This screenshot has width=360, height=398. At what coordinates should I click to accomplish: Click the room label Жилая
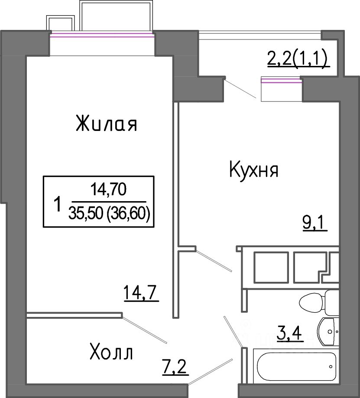point(107,124)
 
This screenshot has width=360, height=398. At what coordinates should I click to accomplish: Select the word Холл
point(111,353)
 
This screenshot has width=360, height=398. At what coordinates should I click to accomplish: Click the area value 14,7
point(141,293)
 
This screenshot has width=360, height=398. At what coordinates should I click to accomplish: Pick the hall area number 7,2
point(175,367)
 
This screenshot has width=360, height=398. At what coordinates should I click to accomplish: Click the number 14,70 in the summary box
point(109,189)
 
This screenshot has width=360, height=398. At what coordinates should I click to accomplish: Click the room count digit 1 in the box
point(58,204)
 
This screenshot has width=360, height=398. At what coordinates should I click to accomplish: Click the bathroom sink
point(328,331)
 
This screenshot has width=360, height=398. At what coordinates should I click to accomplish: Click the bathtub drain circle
point(331,366)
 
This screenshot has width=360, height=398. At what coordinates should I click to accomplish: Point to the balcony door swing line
point(240,88)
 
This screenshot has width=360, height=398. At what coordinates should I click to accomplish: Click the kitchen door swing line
point(214,261)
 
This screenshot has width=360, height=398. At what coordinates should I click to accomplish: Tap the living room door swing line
point(144,330)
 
